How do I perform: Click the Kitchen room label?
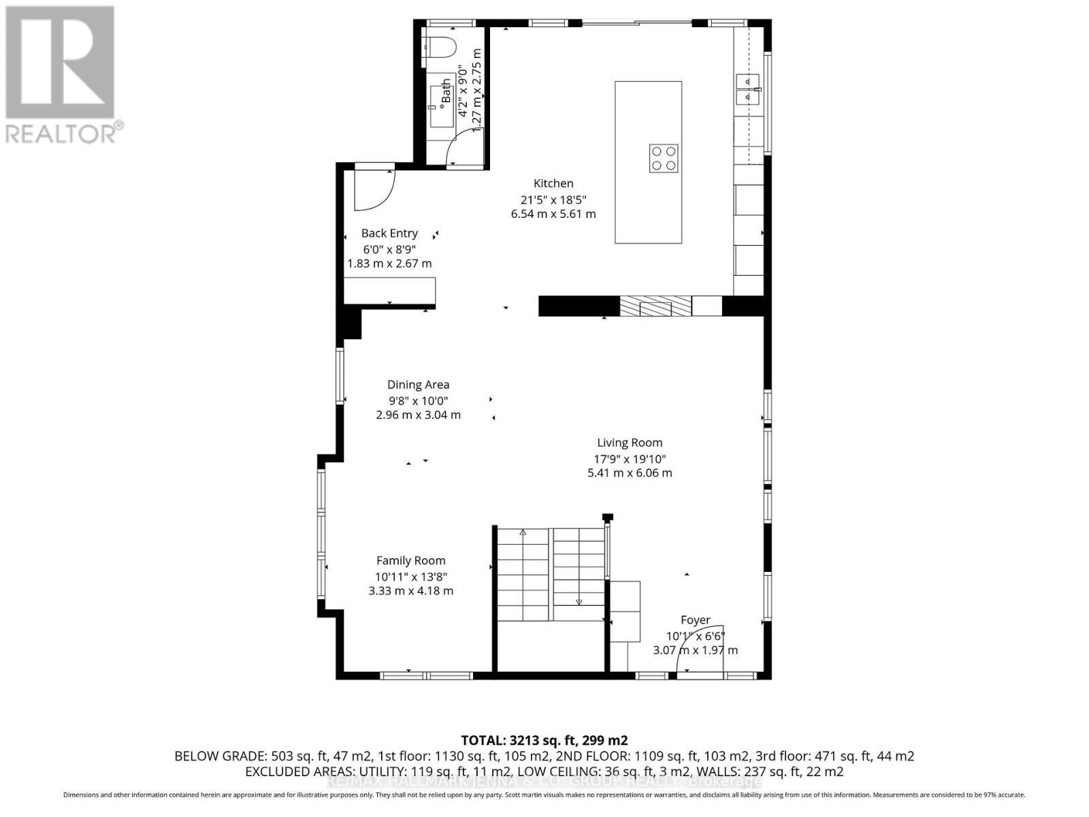pos(553,183)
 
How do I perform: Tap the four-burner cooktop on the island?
pos(663,159)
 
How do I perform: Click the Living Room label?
pos(630,443)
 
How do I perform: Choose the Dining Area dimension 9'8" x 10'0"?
pos(418,401)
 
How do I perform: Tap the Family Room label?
pos(410,560)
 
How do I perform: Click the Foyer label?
pos(695,620)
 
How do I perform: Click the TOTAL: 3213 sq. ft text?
pos(544,740)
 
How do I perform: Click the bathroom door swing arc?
pos(466,146)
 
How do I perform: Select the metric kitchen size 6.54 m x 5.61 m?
pos(553,214)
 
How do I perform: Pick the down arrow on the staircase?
pos(579,600)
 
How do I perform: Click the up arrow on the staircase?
pos(523,532)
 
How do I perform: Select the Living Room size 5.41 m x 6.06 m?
pos(630,472)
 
